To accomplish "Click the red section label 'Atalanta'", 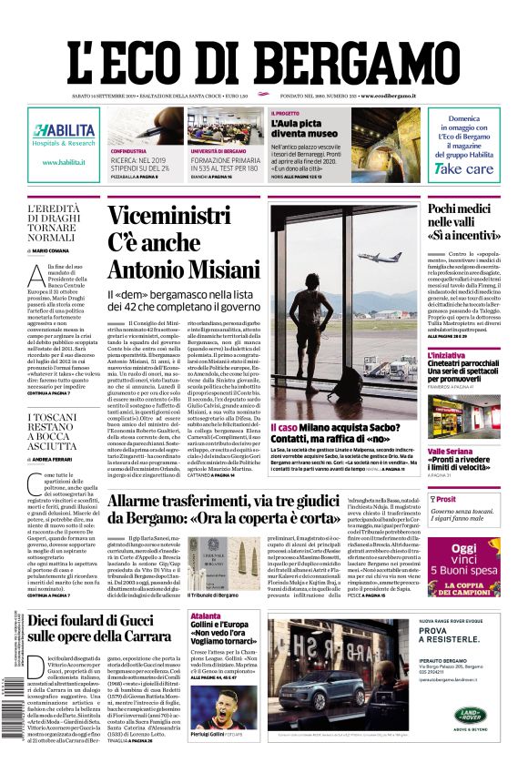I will coord(206,616).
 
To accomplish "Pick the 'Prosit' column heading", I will coord(446,500).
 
